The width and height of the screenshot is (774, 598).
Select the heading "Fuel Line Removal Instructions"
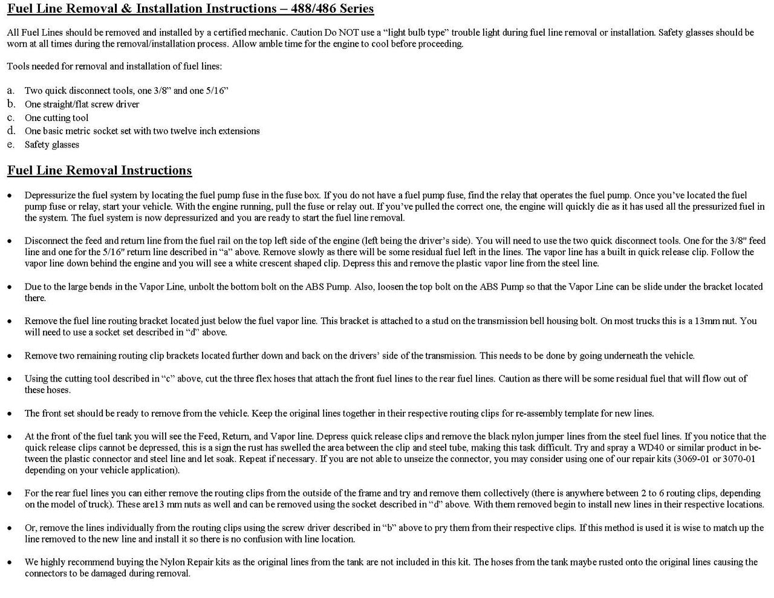pos(99,171)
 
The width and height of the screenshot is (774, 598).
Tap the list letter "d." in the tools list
pos(11,131)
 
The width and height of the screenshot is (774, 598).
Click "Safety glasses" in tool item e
pos(52,145)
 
